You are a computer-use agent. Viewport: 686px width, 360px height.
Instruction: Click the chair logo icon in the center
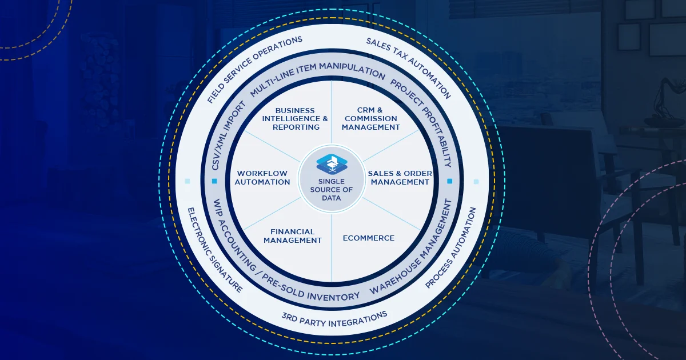(332, 163)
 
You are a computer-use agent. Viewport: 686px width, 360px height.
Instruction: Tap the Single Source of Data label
(332, 190)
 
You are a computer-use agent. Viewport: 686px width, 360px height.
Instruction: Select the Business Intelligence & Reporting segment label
(296, 119)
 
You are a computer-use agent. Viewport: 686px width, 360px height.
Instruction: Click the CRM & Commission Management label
(370, 119)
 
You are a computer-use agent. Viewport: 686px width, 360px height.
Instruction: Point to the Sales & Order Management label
(399, 178)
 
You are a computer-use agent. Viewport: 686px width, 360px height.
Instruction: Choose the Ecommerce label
(368, 238)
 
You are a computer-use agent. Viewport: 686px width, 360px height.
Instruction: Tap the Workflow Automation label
(264, 178)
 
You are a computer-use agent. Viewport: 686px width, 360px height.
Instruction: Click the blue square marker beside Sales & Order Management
(449, 181)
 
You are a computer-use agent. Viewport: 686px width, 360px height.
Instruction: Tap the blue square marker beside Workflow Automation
(214, 181)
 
